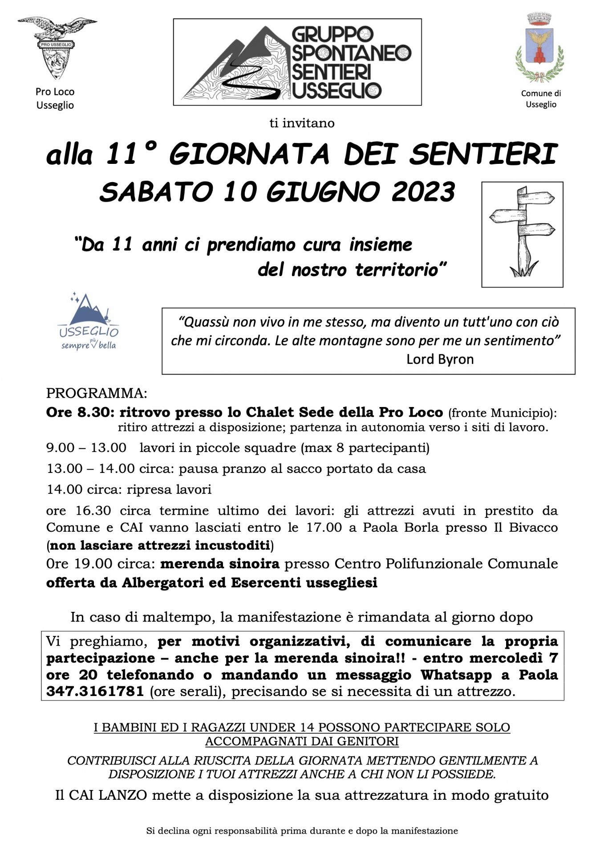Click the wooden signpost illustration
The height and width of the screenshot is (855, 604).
(x=522, y=234)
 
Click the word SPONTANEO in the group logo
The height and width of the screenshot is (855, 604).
(x=351, y=53)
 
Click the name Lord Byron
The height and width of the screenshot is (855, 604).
(x=440, y=359)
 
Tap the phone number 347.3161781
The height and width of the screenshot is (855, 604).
(x=95, y=691)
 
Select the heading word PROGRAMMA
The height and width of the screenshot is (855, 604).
(x=96, y=393)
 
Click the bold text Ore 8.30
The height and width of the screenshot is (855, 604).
(x=78, y=412)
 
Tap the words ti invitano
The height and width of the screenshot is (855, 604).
(x=302, y=123)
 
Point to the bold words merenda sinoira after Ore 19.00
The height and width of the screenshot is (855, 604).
(x=220, y=564)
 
